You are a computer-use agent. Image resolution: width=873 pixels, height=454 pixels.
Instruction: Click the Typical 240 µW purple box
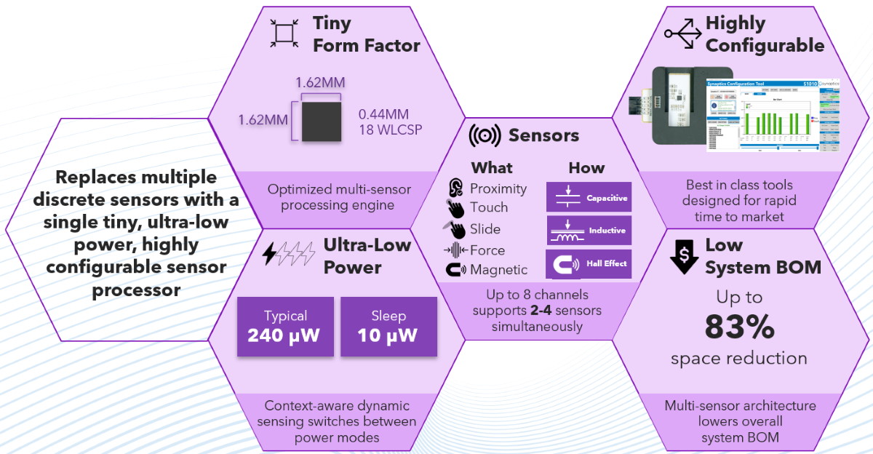point(286,326)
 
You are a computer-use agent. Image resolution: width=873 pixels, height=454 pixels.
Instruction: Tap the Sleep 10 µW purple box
point(388,326)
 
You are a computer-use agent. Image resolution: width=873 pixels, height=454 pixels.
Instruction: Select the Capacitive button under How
point(589,197)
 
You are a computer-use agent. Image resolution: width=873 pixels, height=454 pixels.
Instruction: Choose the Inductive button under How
point(589,230)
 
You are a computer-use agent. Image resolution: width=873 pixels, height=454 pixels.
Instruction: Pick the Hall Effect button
point(589,263)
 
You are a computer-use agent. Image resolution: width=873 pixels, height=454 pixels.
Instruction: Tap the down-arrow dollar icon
point(684,255)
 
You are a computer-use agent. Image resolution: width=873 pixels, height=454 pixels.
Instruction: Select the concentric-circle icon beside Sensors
point(485,135)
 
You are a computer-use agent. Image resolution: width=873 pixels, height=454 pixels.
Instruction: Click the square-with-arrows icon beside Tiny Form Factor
point(284,33)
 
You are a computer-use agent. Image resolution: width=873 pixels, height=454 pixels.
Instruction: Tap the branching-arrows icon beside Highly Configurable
point(683,33)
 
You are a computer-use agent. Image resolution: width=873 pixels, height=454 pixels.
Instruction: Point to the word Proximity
point(498,188)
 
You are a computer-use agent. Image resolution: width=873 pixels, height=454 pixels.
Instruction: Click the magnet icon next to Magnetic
point(455,270)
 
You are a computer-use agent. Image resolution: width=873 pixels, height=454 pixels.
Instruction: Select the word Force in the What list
point(487,250)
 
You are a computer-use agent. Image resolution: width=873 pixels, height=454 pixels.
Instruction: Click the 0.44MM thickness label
point(383,114)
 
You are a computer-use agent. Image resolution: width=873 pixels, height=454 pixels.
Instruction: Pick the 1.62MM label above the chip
point(320,82)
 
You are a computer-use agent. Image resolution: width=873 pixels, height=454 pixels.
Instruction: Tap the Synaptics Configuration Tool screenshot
point(773,114)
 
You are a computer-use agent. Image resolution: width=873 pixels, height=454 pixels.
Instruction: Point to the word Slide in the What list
point(485,229)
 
